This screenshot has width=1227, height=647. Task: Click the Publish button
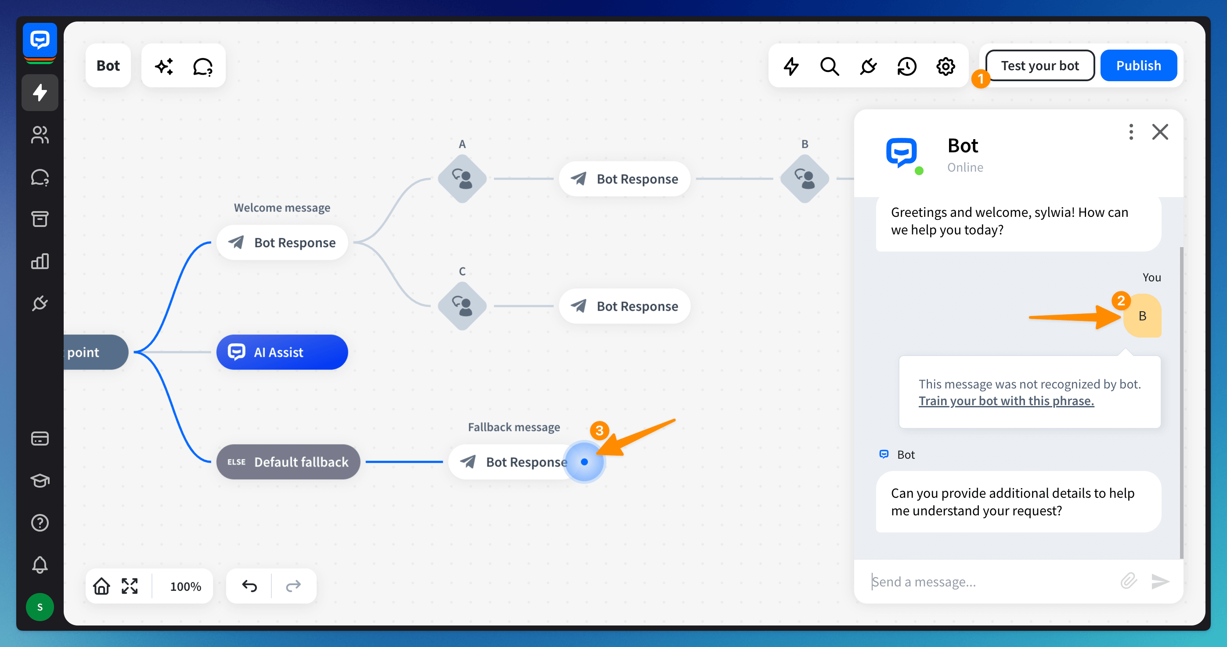click(x=1138, y=65)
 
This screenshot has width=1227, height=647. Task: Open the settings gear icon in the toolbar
click(x=946, y=66)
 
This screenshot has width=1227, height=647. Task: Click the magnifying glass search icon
click(x=829, y=66)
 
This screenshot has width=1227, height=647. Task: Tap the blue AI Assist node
click(x=282, y=352)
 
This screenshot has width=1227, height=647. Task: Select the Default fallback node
click(x=288, y=462)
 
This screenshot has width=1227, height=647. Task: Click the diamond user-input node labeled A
click(x=462, y=179)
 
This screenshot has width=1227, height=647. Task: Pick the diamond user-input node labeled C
click(x=462, y=306)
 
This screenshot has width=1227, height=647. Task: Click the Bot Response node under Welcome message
click(x=282, y=242)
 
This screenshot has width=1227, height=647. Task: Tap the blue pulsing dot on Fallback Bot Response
click(x=585, y=462)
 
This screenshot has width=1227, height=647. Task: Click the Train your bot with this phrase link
click(x=1006, y=401)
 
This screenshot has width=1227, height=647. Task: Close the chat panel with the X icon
click(x=1160, y=132)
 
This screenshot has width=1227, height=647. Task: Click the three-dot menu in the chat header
click(x=1131, y=132)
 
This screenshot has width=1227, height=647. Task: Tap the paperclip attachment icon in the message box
click(x=1128, y=581)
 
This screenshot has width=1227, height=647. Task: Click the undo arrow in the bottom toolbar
click(x=249, y=586)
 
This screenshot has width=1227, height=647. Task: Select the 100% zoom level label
click(x=185, y=586)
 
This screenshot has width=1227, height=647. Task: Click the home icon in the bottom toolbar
click(x=101, y=586)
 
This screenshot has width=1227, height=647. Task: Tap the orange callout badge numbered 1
click(x=980, y=79)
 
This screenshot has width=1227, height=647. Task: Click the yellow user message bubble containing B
click(x=1142, y=316)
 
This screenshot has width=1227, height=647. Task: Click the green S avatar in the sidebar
click(x=40, y=607)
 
